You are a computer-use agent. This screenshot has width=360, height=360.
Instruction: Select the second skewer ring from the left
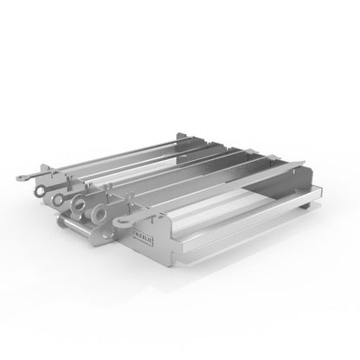coord(59,198)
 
